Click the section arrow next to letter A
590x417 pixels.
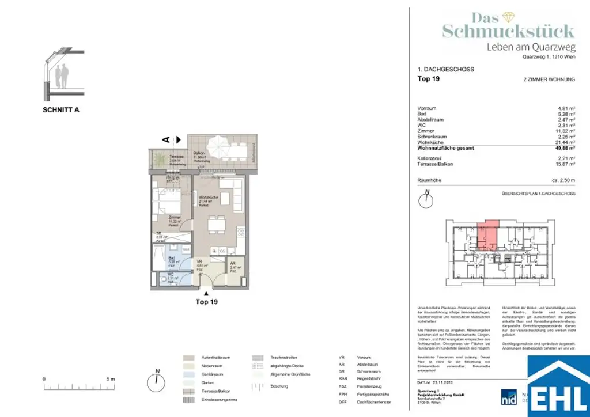click(x=177, y=139)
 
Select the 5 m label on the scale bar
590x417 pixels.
click(x=111, y=378)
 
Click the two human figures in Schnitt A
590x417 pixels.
click(x=62, y=74)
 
